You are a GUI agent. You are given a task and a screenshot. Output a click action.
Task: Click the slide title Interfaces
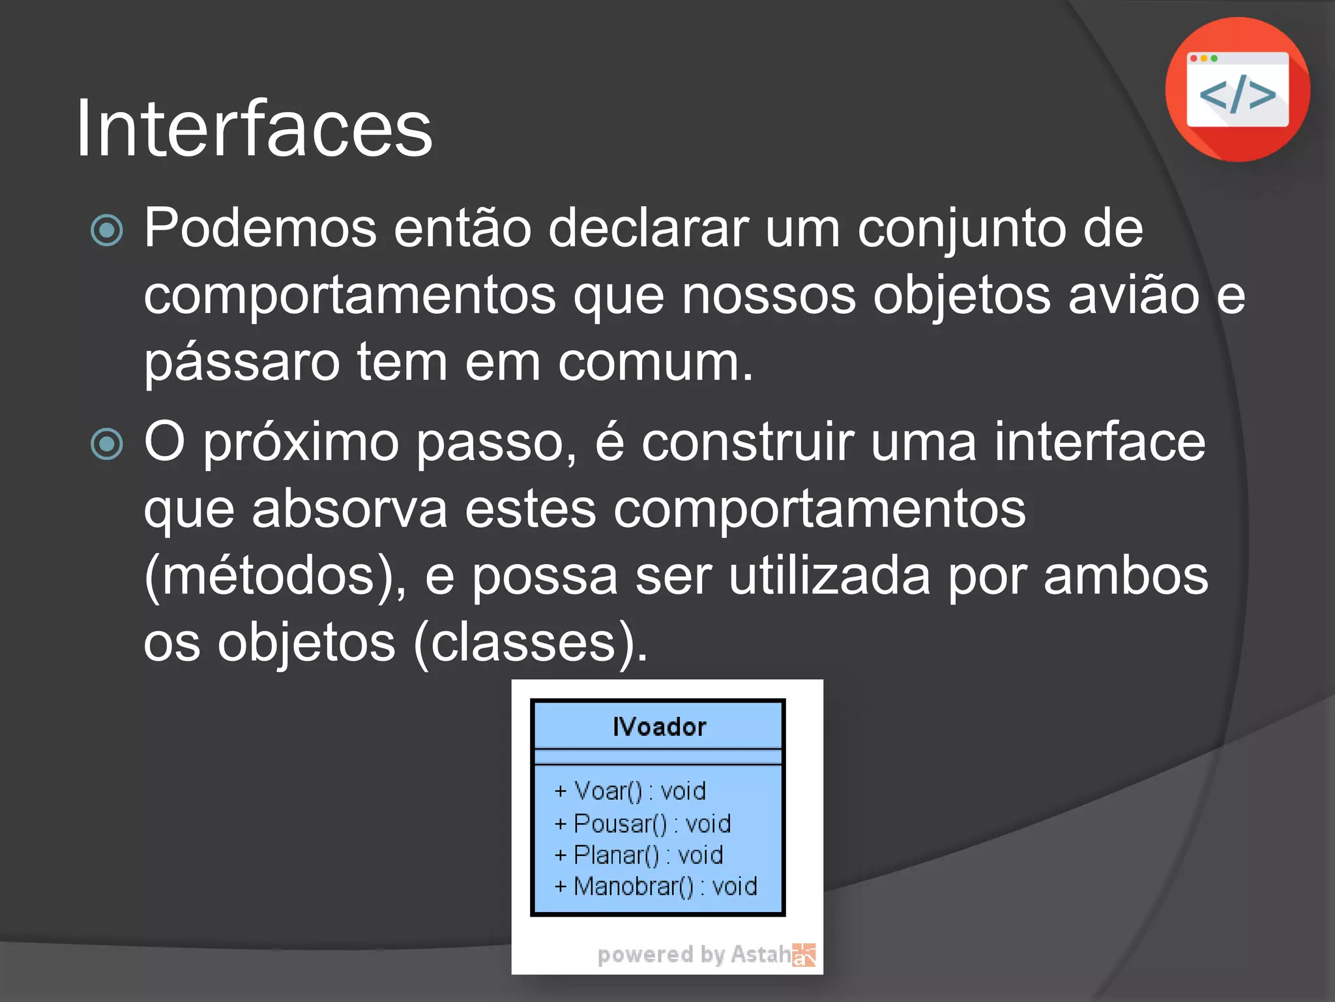point(254,128)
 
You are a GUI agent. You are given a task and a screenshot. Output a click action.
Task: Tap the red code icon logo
point(1237,90)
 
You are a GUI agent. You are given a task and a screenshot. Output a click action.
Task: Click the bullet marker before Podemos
point(107,230)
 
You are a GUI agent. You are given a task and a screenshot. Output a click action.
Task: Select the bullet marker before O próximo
point(107,444)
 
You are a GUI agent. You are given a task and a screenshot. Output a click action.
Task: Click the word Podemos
point(260,228)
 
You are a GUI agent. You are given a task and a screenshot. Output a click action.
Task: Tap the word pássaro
point(241,363)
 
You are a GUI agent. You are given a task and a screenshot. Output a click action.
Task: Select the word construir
point(747,442)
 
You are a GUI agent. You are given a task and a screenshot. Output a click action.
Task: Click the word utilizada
point(829,576)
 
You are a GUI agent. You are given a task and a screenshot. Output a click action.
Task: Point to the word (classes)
point(531,643)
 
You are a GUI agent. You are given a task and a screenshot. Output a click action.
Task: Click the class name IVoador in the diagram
point(658,727)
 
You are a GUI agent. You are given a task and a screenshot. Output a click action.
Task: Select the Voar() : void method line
point(630,791)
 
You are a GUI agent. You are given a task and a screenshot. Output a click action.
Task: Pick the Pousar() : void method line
point(642,824)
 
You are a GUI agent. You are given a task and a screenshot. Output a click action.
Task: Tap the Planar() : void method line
point(638,855)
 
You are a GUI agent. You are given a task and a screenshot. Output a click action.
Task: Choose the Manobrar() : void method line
point(655,887)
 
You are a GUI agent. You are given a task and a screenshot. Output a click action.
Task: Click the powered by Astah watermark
point(705,954)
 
